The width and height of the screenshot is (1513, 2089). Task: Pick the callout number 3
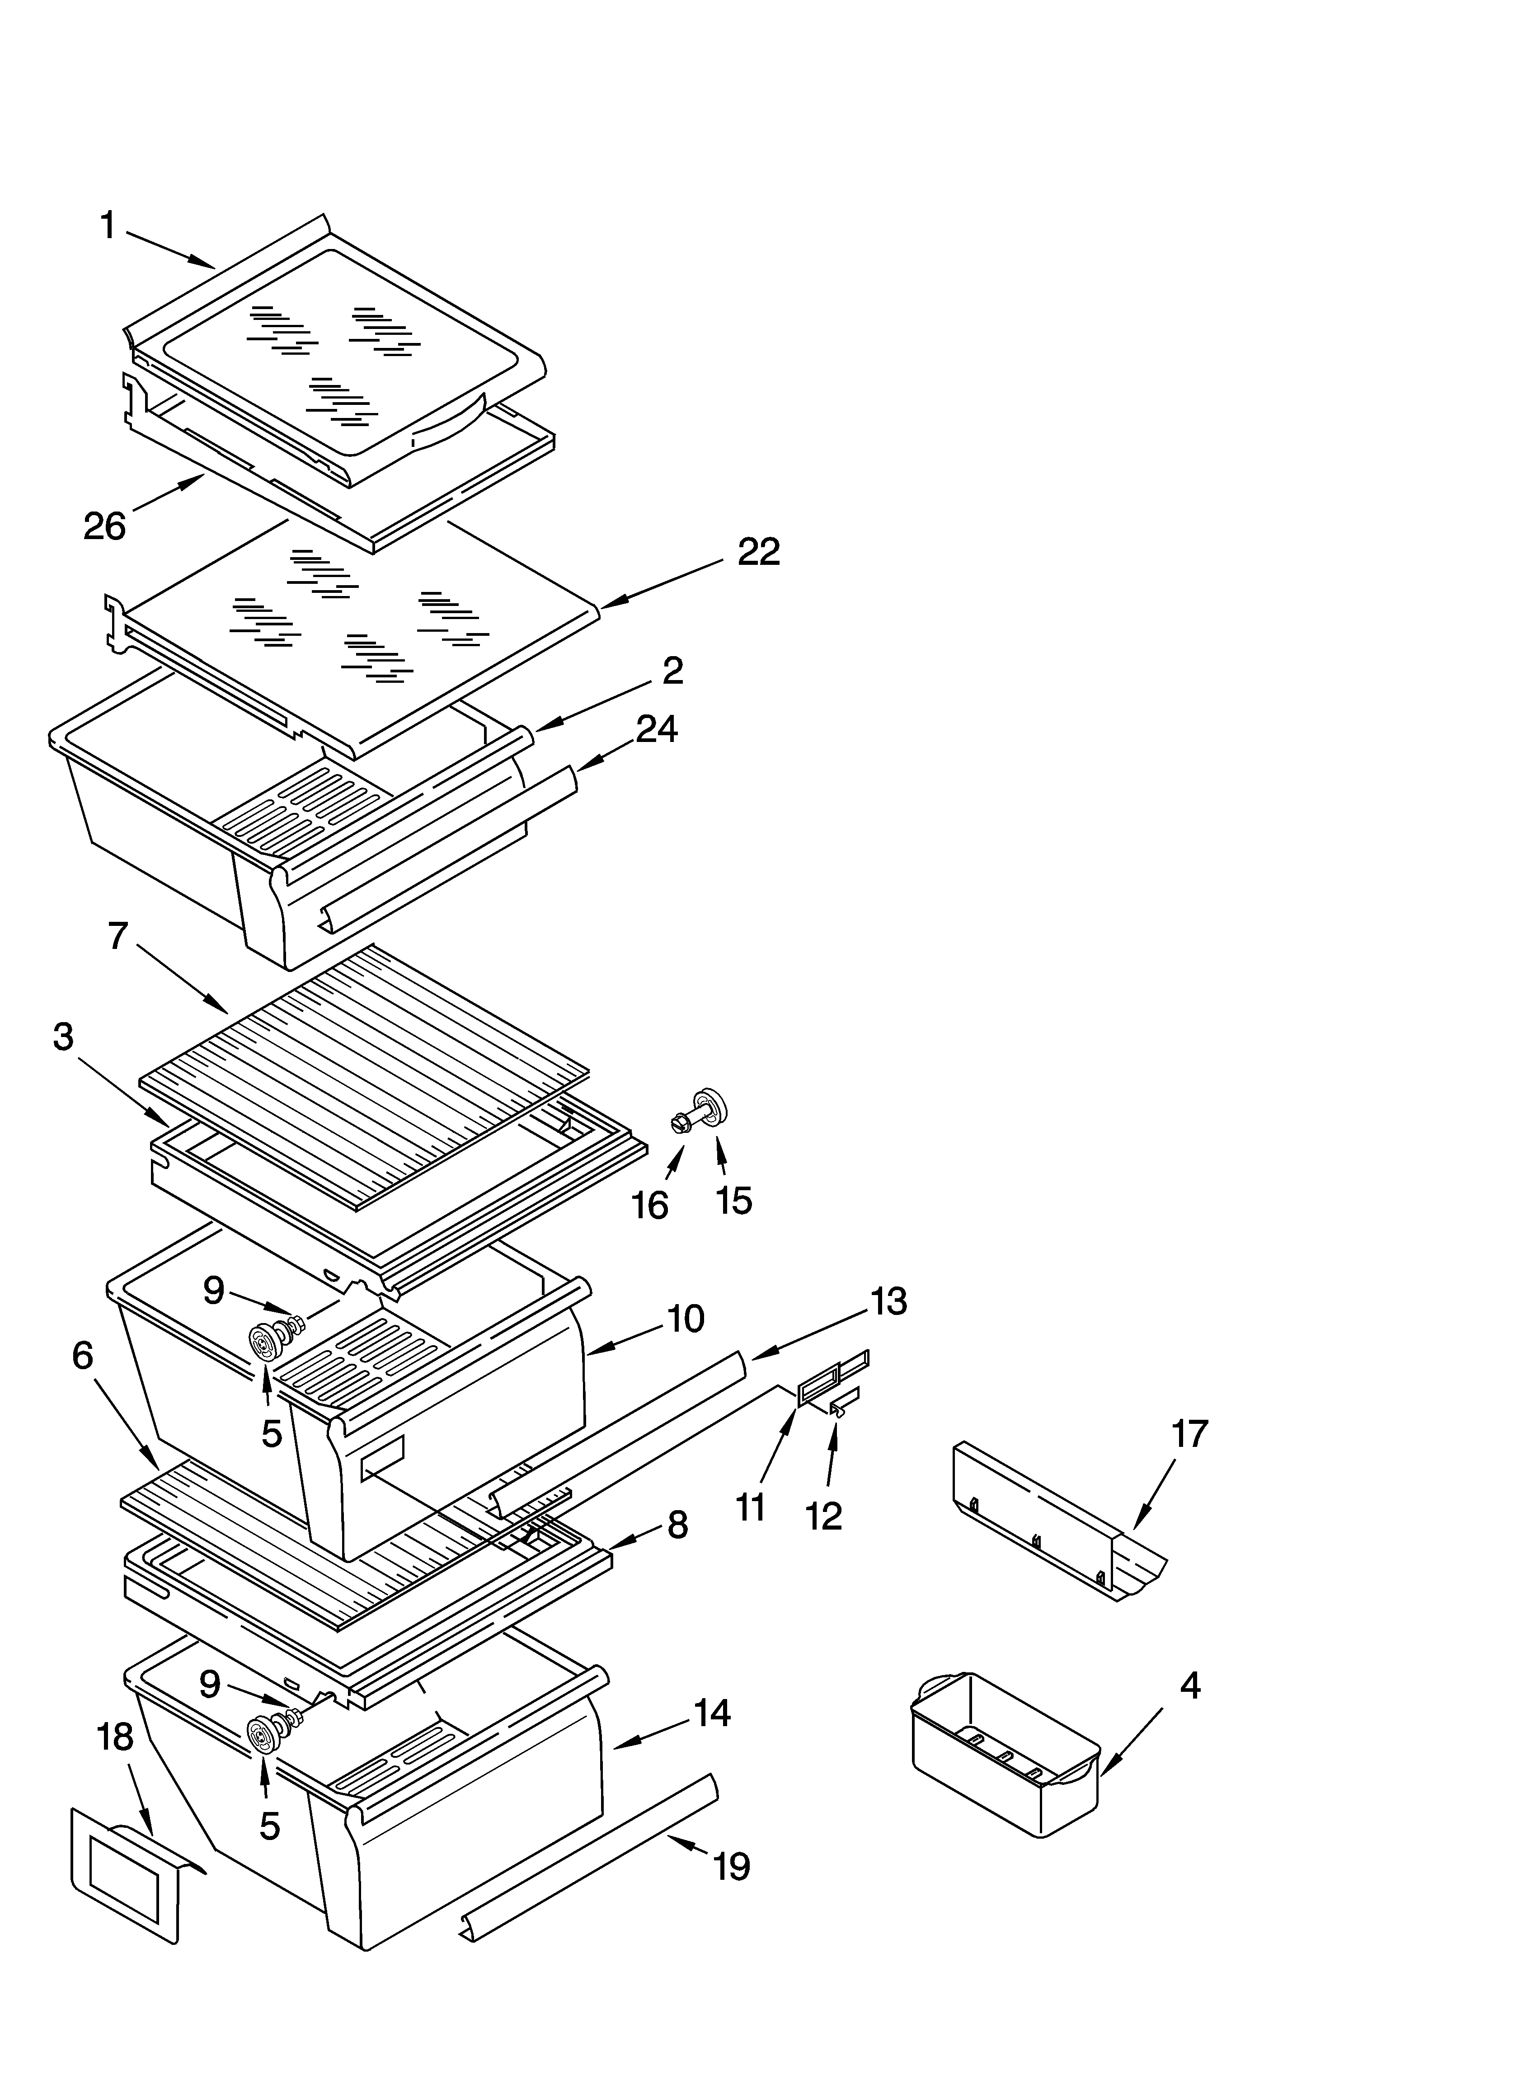63,1038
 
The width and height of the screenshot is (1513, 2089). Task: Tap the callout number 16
651,1205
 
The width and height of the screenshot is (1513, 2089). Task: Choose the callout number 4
1189,1685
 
